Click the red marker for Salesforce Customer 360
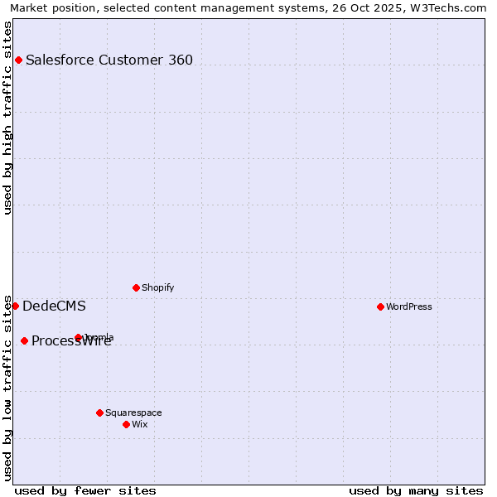pos(18,60)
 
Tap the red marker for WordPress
pos(380,306)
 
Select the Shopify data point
pos(136,287)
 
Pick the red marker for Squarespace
pos(99,413)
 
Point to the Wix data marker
pos(126,424)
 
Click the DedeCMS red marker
pos(15,306)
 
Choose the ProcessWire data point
pos(24,340)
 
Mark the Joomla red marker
pos(78,337)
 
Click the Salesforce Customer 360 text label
pos(109,60)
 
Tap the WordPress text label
pos(409,306)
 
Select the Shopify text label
pos(158,287)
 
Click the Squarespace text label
pos(133,413)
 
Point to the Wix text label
pos(140,424)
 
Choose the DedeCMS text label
pos(54,306)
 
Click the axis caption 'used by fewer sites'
pos(85,490)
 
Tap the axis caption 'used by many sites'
pos(416,490)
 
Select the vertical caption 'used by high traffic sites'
pos(8,117)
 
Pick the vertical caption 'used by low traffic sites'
pos(8,387)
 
